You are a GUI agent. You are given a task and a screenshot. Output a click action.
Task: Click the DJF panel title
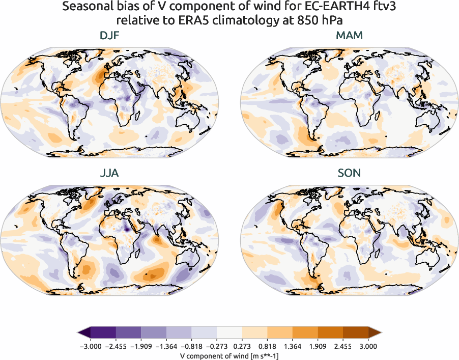coord(109,36)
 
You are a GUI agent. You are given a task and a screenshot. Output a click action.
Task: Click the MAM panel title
coord(349,36)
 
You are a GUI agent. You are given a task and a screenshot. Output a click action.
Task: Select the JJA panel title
coord(109,173)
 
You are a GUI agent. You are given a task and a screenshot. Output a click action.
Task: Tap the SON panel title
coord(349,173)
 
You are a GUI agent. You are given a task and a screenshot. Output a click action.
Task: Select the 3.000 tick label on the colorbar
coord(368,346)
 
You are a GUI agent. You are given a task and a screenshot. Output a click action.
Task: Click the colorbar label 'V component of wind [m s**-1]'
coord(230,356)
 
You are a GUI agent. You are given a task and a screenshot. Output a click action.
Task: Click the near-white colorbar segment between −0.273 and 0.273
coord(230,333)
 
